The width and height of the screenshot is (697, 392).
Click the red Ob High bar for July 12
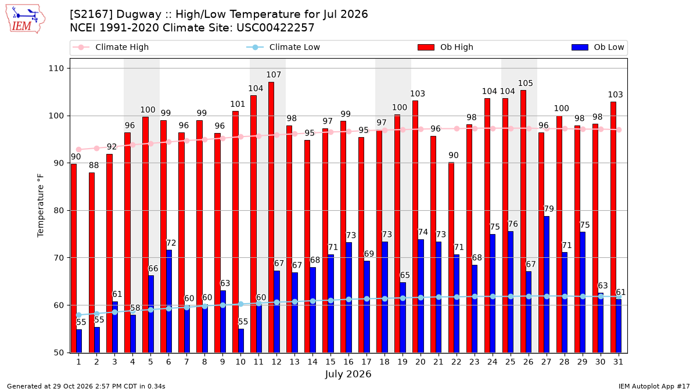271,217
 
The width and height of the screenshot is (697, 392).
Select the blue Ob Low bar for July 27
547,285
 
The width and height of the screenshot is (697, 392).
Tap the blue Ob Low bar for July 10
241,341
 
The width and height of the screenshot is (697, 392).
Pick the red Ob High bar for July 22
451,258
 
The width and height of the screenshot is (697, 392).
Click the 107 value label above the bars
274,75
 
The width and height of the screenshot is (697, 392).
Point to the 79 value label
549,208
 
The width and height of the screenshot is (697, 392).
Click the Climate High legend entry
110,47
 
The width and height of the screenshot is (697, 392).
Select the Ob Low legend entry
598,47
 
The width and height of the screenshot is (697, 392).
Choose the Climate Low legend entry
283,47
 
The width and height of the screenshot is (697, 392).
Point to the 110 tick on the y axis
56,69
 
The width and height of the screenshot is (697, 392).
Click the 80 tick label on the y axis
59,211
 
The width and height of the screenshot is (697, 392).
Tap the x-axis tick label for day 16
348,362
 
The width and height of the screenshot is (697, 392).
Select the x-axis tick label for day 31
618,362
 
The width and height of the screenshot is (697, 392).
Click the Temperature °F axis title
41,206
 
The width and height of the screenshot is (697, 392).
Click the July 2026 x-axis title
348,374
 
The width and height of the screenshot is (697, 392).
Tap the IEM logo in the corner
26,19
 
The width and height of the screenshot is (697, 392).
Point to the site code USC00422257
275,28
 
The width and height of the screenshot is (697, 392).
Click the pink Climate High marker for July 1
79,150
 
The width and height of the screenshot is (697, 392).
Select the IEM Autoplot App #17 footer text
654,386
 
